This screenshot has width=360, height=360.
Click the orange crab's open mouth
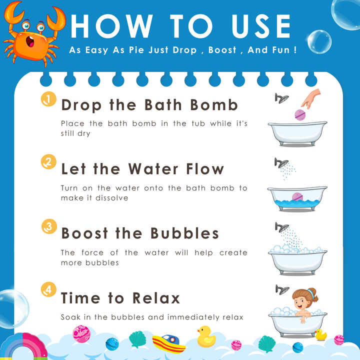30,41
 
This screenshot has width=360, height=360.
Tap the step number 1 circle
48,99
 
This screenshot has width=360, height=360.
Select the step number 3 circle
49,226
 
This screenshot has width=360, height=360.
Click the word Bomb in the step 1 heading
214,105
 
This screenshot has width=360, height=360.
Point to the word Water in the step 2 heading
153,169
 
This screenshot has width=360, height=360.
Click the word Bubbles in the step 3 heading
184,233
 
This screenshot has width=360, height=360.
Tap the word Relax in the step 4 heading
156,298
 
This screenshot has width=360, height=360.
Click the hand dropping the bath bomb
311,98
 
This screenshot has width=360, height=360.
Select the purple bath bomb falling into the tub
300,115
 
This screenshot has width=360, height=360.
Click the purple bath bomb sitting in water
297,197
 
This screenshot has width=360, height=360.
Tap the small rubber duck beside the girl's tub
320,334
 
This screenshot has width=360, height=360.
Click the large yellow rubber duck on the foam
206,337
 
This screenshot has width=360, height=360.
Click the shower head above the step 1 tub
281,98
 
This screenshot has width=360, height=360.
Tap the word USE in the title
261,26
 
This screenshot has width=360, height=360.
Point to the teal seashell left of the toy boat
137,339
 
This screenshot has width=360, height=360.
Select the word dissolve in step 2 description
112,198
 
